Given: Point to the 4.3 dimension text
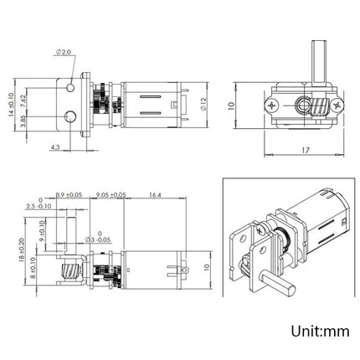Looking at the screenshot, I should click(x=54, y=148).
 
